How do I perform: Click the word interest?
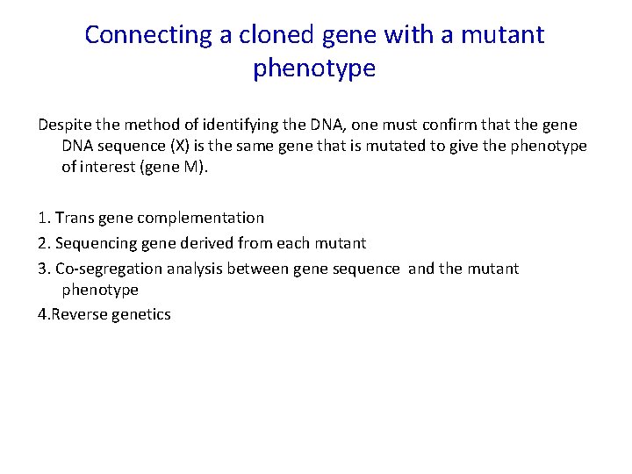click(111, 166)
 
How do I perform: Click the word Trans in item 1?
click(75, 218)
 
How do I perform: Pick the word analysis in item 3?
click(197, 269)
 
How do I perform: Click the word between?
click(261, 269)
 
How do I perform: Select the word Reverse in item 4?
click(77, 314)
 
